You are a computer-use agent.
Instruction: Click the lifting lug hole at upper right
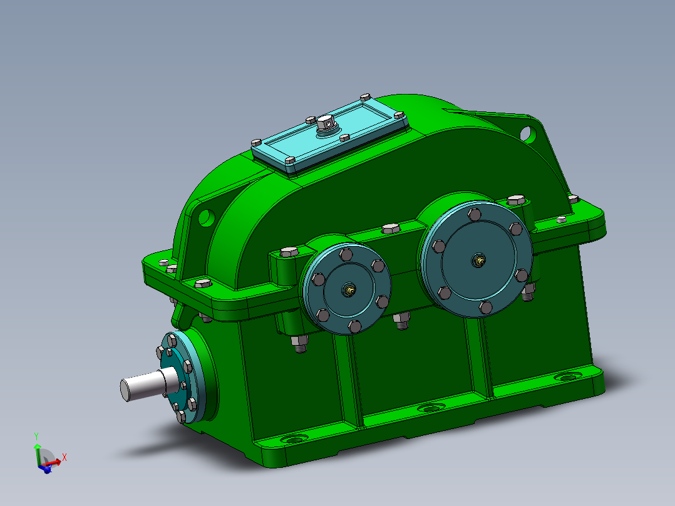click(x=527, y=133)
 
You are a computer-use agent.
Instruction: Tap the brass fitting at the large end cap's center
click(x=479, y=259)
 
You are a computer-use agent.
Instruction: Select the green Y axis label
click(x=37, y=436)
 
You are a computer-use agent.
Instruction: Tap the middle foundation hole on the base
click(x=429, y=408)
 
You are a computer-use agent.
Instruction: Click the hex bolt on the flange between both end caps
click(x=389, y=228)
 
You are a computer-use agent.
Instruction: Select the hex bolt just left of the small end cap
click(x=289, y=252)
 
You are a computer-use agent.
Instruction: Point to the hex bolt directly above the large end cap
click(x=515, y=200)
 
